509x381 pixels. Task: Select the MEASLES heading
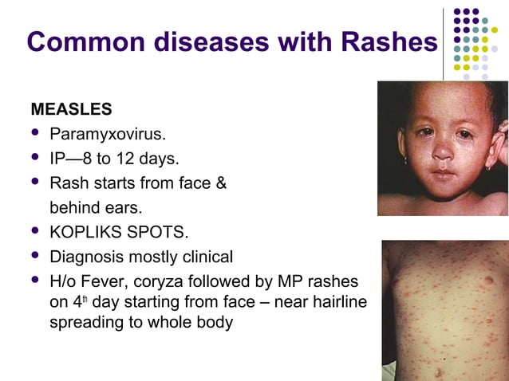pyautogui.click(x=71, y=108)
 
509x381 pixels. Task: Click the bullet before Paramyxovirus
pyautogui.click(x=34, y=132)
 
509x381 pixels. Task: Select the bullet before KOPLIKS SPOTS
pyautogui.click(x=34, y=233)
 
